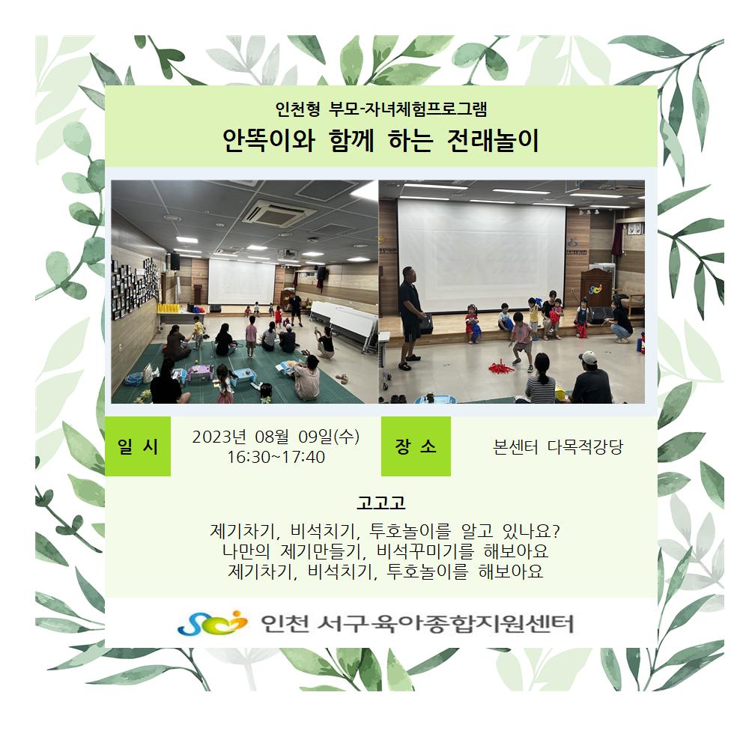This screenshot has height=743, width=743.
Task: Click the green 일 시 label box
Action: tap(137, 446)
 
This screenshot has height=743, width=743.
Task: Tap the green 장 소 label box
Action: tap(416, 446)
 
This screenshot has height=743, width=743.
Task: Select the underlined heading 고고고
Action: tap(381, 503)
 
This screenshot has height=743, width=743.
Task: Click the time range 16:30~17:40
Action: tap(276, 458)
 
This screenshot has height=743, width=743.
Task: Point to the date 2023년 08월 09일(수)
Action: tap(276, 437)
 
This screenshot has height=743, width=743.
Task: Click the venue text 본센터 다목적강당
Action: tap(558, 447)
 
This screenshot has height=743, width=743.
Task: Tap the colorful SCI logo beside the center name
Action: tap(212, 622)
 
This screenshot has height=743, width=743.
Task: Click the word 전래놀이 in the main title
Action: tap(493, 140)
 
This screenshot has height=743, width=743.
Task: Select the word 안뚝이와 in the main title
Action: tap(269, 140)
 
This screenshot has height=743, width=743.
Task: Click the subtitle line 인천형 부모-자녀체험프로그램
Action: tap(381, 109)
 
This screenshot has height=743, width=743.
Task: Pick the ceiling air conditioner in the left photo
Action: tap(279, 213)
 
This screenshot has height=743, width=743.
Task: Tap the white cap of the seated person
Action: tap(589, 357)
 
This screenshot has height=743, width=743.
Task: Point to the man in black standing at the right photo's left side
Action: tap(410, 318)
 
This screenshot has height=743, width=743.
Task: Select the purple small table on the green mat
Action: tap(199, 372)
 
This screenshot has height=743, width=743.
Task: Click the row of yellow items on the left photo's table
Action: tap(169, 308)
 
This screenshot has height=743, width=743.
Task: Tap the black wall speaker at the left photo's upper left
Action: tap(175, 261)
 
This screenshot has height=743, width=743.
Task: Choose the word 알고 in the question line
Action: tap(476, 531)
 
